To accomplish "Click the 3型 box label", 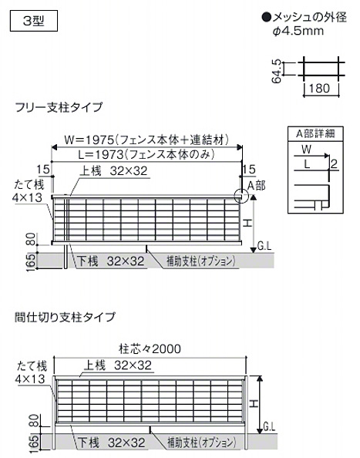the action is click(34, 21).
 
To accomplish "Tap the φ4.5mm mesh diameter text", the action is click(298, 31).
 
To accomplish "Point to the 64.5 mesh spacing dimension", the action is click(276, 71).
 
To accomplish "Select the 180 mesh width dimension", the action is click(319, 88).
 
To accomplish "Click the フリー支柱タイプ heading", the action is click(59, 107).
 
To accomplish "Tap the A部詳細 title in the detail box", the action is click(315, 134).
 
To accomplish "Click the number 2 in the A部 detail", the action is click(334, 163).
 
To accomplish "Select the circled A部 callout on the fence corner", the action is click(241, 194).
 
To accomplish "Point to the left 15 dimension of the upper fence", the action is click(43, 170).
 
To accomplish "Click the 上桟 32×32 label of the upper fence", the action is click(113, 171).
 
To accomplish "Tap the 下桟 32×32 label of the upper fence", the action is click(111, 261).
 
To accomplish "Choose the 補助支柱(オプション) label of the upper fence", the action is click(200, 261).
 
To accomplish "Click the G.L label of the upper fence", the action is click(264, 246).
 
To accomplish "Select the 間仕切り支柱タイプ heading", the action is click(65, 317).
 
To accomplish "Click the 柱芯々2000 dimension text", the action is click(150, 349).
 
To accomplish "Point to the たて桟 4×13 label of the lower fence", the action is click(31, 372).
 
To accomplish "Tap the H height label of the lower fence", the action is click(254, 404).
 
